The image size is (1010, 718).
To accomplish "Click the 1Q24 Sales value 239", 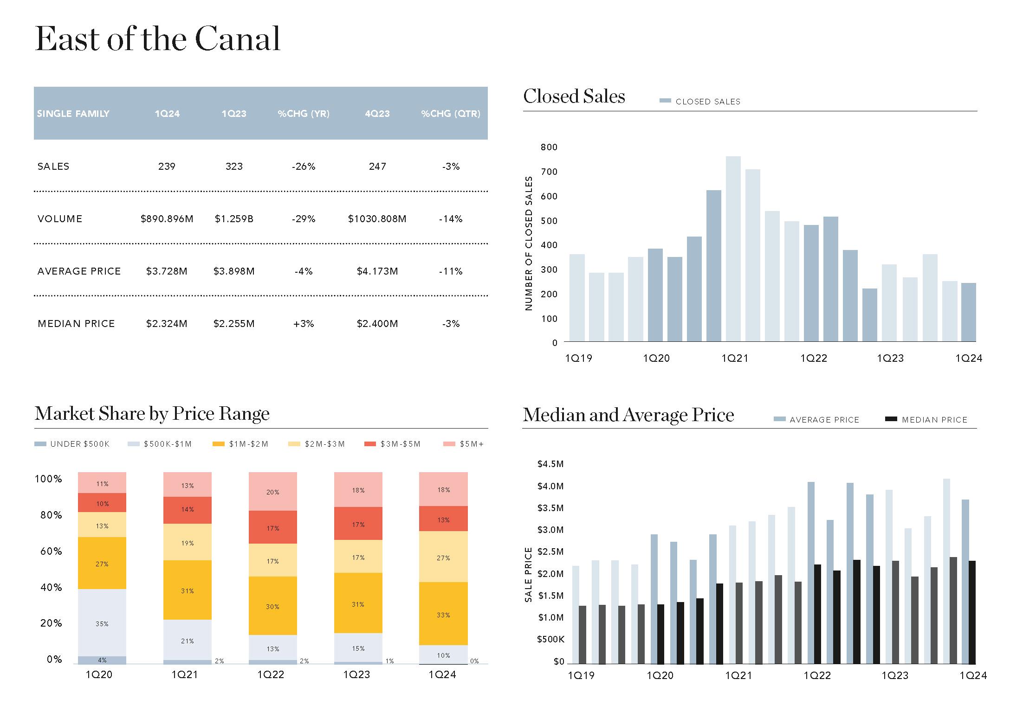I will pos(167,167).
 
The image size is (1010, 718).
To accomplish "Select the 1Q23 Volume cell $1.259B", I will pos(234,219).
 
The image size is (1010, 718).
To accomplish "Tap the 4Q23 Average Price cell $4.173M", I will pos(377,271).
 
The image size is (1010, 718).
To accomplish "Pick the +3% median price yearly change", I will pos(304,324).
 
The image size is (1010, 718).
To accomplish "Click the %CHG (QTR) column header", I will pos(450,114).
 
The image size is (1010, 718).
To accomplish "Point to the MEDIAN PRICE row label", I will pos(76,324).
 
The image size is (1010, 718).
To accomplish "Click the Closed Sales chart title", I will pos(574,96).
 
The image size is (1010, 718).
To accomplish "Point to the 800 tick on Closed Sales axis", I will pos(549,147).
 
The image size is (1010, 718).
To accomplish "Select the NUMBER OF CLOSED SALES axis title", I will pos(528,243).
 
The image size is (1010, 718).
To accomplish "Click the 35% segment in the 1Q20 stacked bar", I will pos(102,623).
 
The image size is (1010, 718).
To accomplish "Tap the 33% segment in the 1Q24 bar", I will pos(443,615).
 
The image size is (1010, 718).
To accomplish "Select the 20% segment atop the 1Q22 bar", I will pos(273,492).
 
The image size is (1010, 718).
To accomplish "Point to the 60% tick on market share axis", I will pos(51,551).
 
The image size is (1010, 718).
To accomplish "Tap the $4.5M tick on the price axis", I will pos(550,464).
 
